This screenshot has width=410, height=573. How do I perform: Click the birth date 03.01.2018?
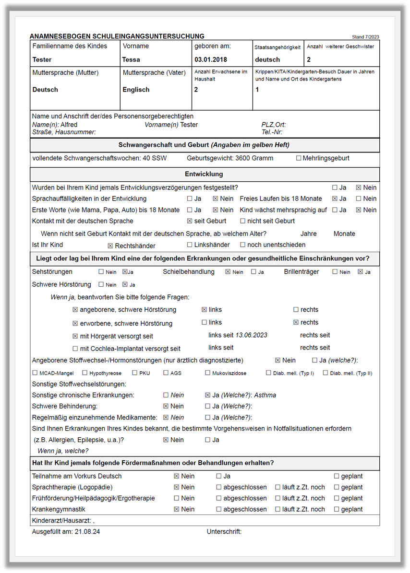tap(211, 60)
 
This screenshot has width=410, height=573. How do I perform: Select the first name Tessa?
tap(131, 60)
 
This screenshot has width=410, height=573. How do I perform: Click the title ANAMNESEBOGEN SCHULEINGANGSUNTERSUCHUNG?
tap(117, 36)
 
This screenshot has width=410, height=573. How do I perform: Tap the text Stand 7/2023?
tap(365, 37)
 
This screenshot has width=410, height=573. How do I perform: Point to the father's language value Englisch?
tap(136, 90)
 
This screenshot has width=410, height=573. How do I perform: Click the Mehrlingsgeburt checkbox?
tap(299, 158)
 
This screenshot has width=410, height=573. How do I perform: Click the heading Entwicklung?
tap(204, 174)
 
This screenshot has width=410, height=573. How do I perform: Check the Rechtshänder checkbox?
tap(110, 246)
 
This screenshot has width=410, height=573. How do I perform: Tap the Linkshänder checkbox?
tap(190, 245)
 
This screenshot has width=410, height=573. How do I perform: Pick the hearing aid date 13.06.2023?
tap(251, 335)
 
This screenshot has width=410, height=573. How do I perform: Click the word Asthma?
tap(265, 396)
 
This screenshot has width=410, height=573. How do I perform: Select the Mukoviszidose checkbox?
tap(208, 373)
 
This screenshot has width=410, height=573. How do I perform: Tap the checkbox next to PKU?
tap(135, 373)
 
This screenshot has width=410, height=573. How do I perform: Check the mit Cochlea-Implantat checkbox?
tap(75, 349)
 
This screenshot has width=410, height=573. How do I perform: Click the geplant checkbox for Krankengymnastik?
tap(337, 509)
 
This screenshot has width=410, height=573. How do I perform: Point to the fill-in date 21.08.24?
tap(87, 532)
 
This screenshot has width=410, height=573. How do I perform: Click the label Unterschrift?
tap(224, 532)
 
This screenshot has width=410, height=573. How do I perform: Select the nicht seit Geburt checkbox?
tap(243, 221)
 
